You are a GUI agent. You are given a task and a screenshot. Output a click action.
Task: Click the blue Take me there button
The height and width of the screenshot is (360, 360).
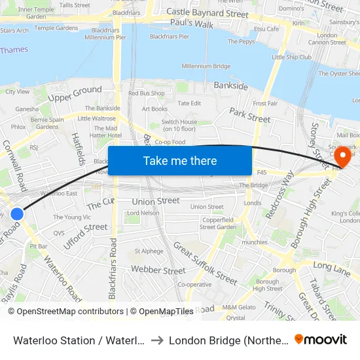pos(180,161)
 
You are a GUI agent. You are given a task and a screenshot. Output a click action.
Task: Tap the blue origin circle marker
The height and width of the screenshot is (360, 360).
pos(17,214)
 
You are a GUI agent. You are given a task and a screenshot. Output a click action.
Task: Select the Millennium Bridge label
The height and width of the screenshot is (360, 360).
pos(206,66)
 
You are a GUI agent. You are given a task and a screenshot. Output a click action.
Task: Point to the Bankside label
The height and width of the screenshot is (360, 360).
pos(230,86)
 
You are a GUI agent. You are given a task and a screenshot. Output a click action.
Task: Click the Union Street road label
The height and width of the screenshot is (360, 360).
pos(156,202)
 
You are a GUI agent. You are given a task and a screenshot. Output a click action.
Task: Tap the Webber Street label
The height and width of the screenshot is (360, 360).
pos(158,270)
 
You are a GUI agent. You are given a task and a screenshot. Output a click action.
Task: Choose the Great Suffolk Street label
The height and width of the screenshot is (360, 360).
pos(205,263)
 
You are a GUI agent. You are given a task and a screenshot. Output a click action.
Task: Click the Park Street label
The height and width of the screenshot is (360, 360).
pos(249,116)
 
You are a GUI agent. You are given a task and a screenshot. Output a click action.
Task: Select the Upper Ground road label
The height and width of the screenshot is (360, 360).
pos(75,95)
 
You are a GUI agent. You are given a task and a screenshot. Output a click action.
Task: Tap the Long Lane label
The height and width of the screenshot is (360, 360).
pos(333,265)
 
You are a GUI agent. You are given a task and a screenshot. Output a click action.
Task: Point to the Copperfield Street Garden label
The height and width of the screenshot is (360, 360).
pos(217,223)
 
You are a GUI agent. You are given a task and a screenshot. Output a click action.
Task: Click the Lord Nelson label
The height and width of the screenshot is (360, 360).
pos(143,213)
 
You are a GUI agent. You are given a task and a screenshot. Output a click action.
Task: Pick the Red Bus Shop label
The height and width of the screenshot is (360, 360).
pos(147,94)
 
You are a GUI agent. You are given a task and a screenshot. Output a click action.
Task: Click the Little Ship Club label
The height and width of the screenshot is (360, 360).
pos(291,57)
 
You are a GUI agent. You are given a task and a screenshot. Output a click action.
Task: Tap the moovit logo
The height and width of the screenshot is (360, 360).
pos(321,339)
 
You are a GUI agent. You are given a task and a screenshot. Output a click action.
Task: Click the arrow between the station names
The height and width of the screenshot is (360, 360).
pos(157,340)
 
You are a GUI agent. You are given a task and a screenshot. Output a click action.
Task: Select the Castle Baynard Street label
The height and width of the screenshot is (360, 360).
pos(207,13)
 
